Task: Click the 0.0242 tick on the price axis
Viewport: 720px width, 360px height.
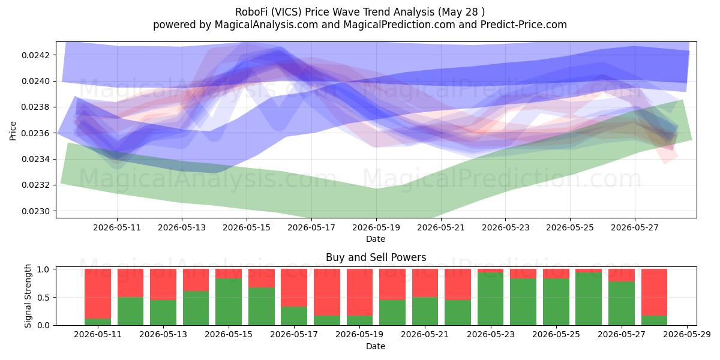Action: pyautogui.click(x=36, y=55)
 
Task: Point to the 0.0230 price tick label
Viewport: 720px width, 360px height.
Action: pyautogui.click(x=36, y=211)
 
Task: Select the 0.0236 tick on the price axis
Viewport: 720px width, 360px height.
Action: pyautogui.click(x=36, y=133)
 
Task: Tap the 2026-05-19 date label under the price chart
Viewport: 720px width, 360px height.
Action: pyautogui.click(x=376, y=227)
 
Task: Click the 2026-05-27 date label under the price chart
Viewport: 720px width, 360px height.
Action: pyautogui.click(x=635, y=227)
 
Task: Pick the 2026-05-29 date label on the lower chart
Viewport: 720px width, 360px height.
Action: pyautogui.click(x=687, y=335)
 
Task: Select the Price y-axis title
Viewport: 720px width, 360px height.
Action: pyautogui.click(x=13, y=131)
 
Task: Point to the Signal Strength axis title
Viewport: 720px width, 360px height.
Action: pyautogui.click(x=28, y=296)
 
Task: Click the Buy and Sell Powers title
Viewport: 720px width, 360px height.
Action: pyautogui.click(x=376, y=257)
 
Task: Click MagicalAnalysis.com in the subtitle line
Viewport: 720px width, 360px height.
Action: pyautogui.click(x=266, y=25)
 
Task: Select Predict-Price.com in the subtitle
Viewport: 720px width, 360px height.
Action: pyautogui.click(x=524, y=25)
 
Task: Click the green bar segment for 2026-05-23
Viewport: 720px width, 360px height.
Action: pyautogui.click(x=491, y=299)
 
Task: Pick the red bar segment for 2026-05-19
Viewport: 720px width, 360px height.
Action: pyautogui.click(x=359, y=293)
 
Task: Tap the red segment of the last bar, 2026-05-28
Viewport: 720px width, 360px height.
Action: pyautogui.click(x=655, y=293)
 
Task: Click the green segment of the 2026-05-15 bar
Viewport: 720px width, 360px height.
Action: pyautogui.click(x=229, y=302)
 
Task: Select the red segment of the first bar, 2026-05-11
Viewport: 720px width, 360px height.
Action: pyautogui.click(x=98, y=294)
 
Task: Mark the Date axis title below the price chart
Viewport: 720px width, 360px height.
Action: pyautogui.click(x=376, y=239)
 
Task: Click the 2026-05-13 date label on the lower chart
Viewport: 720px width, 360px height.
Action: pyautogui.click(x=163, y=335)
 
